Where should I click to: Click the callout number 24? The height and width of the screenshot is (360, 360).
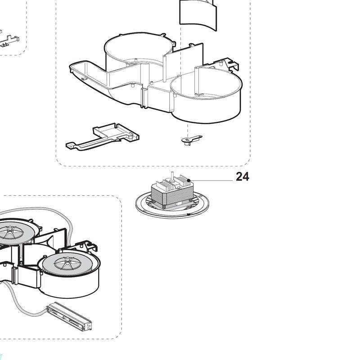coord(242,176)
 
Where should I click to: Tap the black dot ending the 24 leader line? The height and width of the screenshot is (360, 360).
coord(189,181)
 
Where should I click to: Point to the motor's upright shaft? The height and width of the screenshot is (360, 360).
coord(172,176)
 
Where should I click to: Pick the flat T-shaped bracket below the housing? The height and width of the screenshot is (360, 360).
coord(102,137)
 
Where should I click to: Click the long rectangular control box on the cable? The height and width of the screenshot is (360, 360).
coord(69,317)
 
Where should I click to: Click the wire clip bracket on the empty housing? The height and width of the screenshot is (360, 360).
coord(229,64)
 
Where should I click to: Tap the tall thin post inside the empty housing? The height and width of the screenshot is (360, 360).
coord(164,68)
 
